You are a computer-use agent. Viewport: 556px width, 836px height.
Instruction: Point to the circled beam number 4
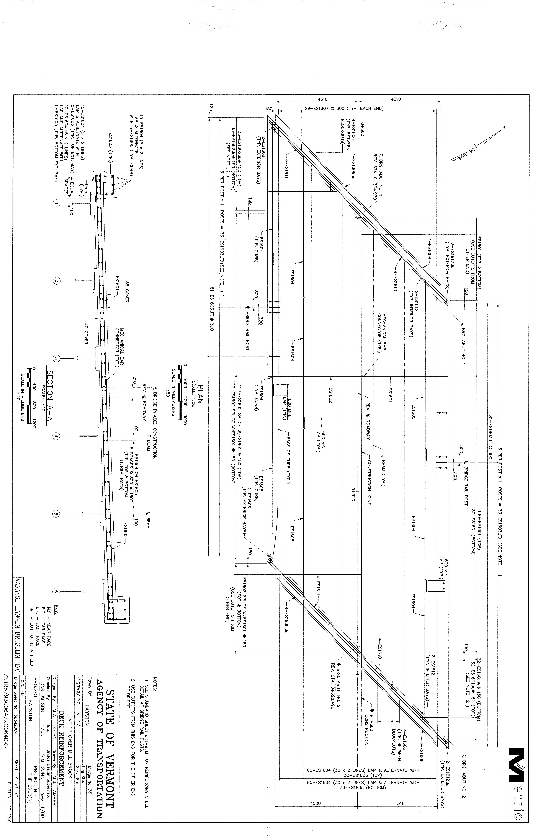[x=56, y=436]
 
